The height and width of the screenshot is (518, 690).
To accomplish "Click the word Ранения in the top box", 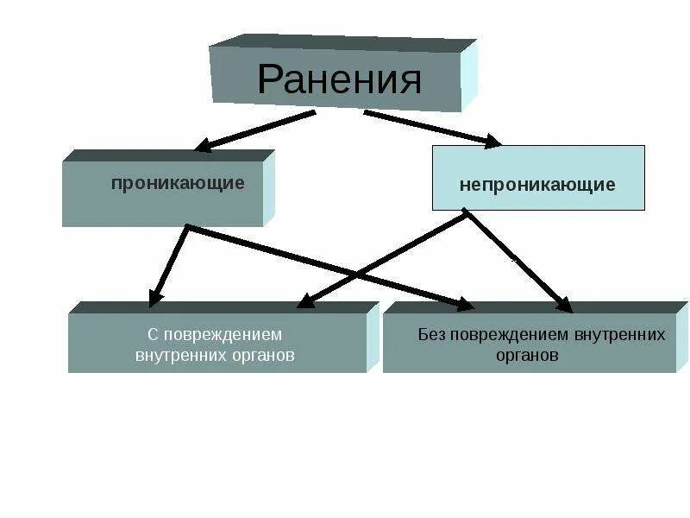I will [339, 80].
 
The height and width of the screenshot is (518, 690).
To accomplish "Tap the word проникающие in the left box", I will [177, 183].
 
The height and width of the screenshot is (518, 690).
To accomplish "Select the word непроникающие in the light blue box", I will [536, 185].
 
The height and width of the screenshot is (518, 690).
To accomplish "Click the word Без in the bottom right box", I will [430, 335].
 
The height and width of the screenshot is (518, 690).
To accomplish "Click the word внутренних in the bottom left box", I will [175, 355].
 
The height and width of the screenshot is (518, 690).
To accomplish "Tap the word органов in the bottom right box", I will [527, 355].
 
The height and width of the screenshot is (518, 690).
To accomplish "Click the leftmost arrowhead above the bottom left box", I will [156, 297].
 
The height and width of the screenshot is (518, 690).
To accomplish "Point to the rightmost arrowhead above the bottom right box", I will [564, 304].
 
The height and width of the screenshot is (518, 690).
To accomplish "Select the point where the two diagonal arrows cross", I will [358, 274].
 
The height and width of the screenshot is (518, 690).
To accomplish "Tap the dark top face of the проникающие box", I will [168, 156].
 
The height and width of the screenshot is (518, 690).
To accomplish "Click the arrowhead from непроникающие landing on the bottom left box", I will [304, 301].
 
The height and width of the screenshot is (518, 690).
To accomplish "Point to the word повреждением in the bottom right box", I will [509, 335].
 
